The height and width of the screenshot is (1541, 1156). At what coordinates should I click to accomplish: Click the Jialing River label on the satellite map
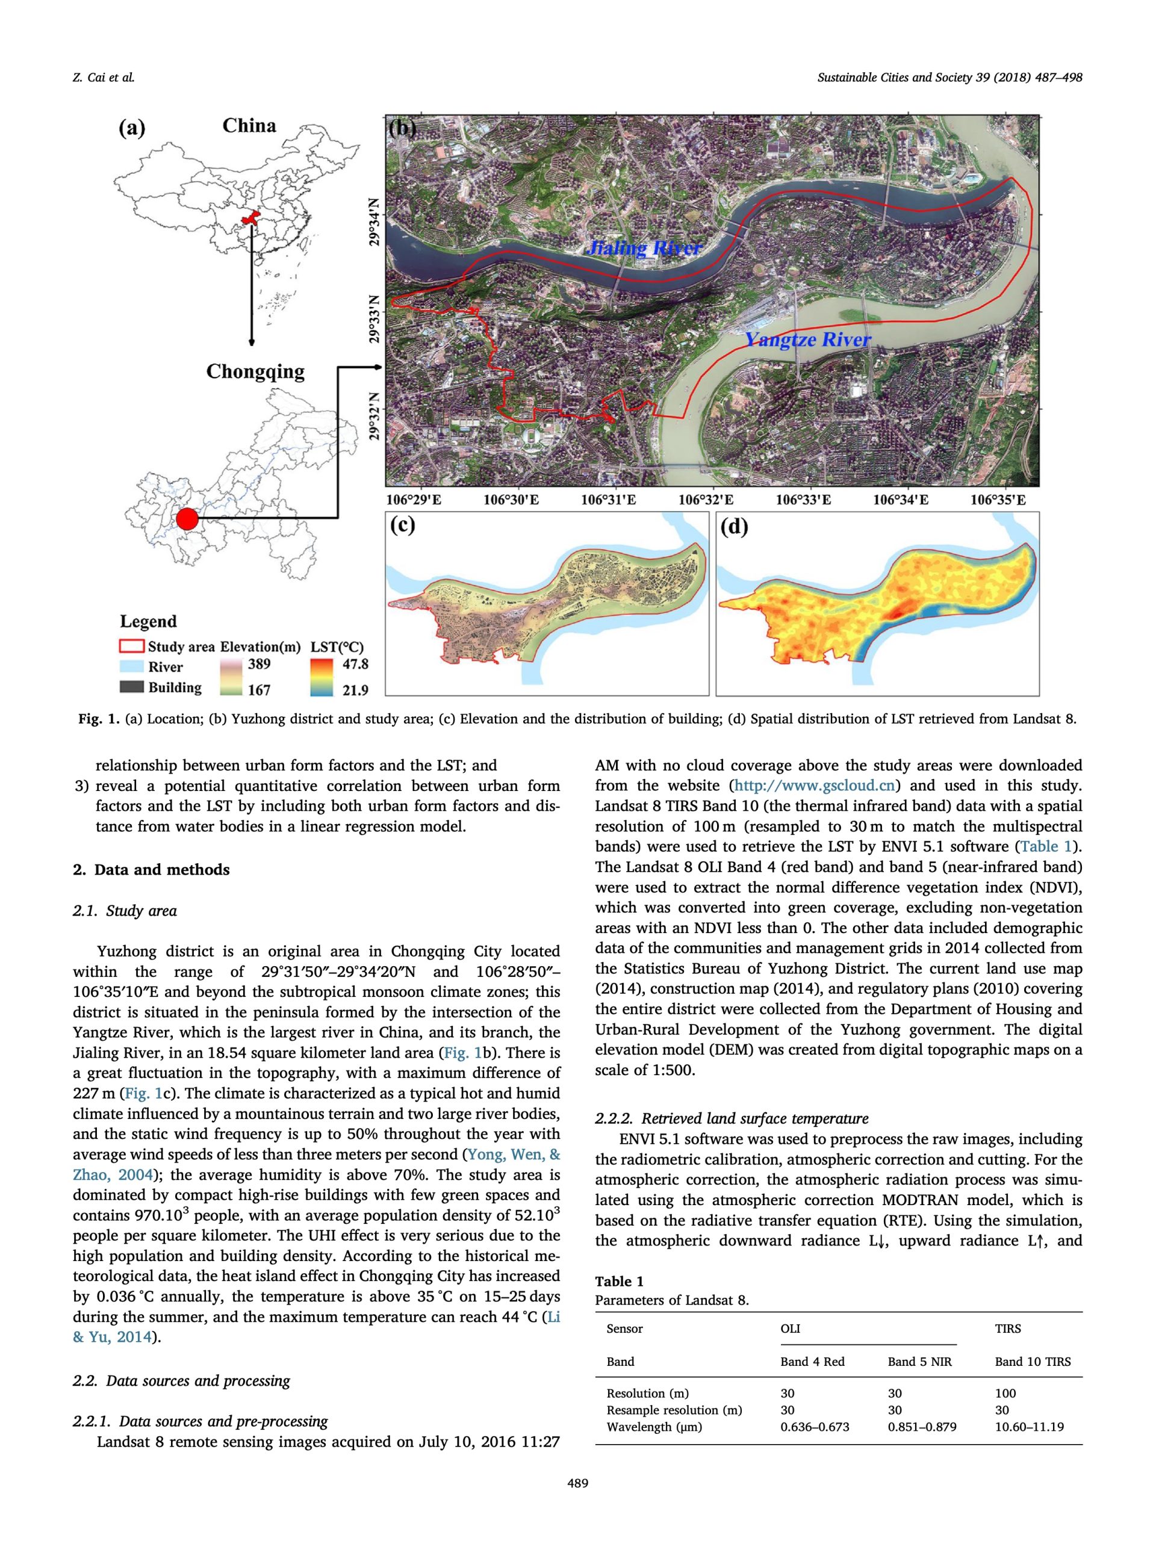pyautogui.click(x=644, y=248)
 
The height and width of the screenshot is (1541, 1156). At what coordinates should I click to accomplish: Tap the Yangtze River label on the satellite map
pyautogui.click(x=807, y=340)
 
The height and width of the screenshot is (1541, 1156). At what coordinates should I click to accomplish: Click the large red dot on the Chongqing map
pyautogui.click(x=187, y=519)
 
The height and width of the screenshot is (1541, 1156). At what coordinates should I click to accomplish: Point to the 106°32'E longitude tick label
pyautogui.click(x=706, y=500)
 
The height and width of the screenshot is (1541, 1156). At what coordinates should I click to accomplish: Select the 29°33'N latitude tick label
pyautogui.click(x=376, y=319)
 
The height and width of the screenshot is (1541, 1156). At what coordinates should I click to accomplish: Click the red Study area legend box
pyautogui.click(x=132, y=646)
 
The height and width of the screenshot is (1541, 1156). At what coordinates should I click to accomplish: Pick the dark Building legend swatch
pyautogui.click(x=132, y=687)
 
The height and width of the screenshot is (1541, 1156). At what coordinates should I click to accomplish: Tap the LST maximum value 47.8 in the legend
pyautogui.click(x=355, y=664)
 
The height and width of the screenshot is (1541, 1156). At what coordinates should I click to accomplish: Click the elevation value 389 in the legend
pyautogui.click(x=259, y=664)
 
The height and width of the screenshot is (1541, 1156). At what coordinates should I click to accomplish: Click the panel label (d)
pyautogui.click(x=734, y=527)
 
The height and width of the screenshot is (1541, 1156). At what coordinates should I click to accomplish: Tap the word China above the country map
pyautogui.click(x=249, y=126)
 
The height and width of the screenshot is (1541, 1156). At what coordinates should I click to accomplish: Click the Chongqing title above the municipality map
pyautogui.click(x=255, y=371)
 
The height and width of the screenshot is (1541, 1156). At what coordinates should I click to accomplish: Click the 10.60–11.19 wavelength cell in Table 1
pyautogui.click(x=1029, y=1427)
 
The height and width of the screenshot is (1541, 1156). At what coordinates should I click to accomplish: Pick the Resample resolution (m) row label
pyautogui.click(x=674, y=1410)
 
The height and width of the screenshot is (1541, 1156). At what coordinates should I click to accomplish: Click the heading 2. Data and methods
pyautogui.click(x=151, y=869)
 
